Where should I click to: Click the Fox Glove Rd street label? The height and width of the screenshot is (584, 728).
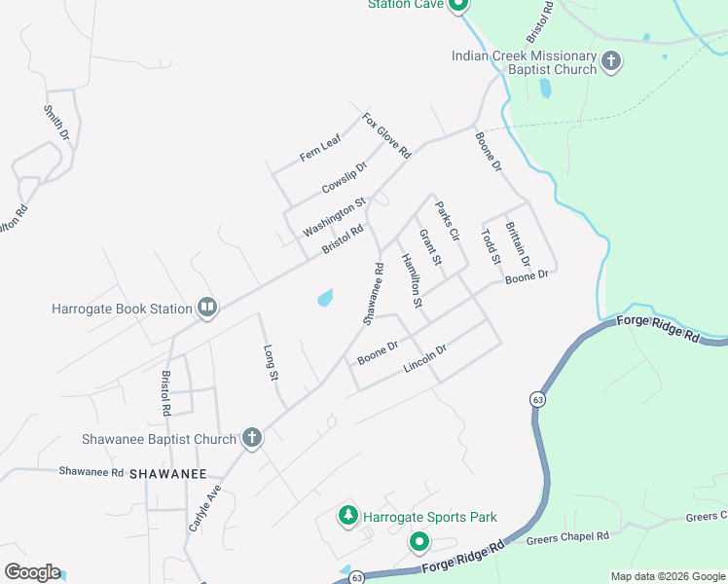[x=386, y=136]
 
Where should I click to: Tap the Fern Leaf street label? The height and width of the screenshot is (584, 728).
[x=320, y=149]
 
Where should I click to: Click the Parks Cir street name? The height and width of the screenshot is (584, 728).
[x=447, y=221]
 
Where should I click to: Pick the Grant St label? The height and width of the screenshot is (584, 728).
[x=429, y=247]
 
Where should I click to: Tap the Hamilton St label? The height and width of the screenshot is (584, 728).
[x=412, y=281]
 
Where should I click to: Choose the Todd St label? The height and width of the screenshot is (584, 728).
[x=490, y=247]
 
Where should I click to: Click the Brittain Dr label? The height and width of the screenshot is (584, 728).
[x=517, y=244]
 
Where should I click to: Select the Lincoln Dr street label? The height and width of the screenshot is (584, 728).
[x=424, y=361]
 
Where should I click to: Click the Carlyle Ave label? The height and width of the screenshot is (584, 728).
[x=204, y=507]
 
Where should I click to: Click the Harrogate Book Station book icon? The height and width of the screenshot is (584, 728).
[x=206, y=309]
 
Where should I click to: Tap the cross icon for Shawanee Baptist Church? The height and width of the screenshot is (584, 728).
[x=251, y=438]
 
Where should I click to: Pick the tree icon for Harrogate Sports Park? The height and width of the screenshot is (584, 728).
[x=347, y=515]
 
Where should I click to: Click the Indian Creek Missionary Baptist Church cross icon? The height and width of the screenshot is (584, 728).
[x=610, y=62]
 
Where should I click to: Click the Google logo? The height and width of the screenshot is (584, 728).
[x=32, y=572]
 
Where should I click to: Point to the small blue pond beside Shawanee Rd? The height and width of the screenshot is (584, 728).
[x=324, y=297]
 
